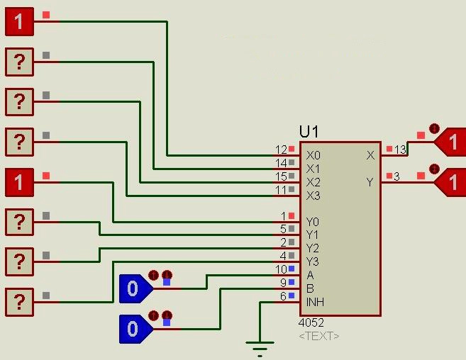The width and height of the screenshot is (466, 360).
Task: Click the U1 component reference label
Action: click(x=309, y=132)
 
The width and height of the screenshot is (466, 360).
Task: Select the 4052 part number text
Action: click(x=311, y=322)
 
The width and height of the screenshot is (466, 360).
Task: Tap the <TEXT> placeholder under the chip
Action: click(x=318, y=336)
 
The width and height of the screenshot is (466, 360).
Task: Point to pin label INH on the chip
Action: click(x=315, y=302)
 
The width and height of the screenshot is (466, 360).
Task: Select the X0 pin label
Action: click(x=313, y=155)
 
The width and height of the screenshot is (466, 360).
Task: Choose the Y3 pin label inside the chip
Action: click(x=313, y=261)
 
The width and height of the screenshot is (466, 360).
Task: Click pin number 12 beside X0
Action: click(x=281, y=150)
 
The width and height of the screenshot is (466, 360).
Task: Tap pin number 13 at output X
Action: click(x=400, y=150)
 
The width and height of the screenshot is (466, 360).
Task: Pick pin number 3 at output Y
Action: click(x=396, y=176)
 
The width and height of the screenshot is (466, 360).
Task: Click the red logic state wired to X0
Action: click(x=19, y=22)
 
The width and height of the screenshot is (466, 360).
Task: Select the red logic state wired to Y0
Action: click(x=19, y=183)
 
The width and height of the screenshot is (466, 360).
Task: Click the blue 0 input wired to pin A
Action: click(x=134, y=288)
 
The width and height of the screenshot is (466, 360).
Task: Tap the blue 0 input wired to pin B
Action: click(x=134, y=329)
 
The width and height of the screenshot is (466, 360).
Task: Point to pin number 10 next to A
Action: click(x=281, y=270)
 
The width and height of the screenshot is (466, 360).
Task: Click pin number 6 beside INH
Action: click(x=283, y=297)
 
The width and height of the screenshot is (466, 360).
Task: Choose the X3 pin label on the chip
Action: click(x=313, y=196)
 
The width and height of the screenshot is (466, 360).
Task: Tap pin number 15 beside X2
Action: click(x=281, y=176)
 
